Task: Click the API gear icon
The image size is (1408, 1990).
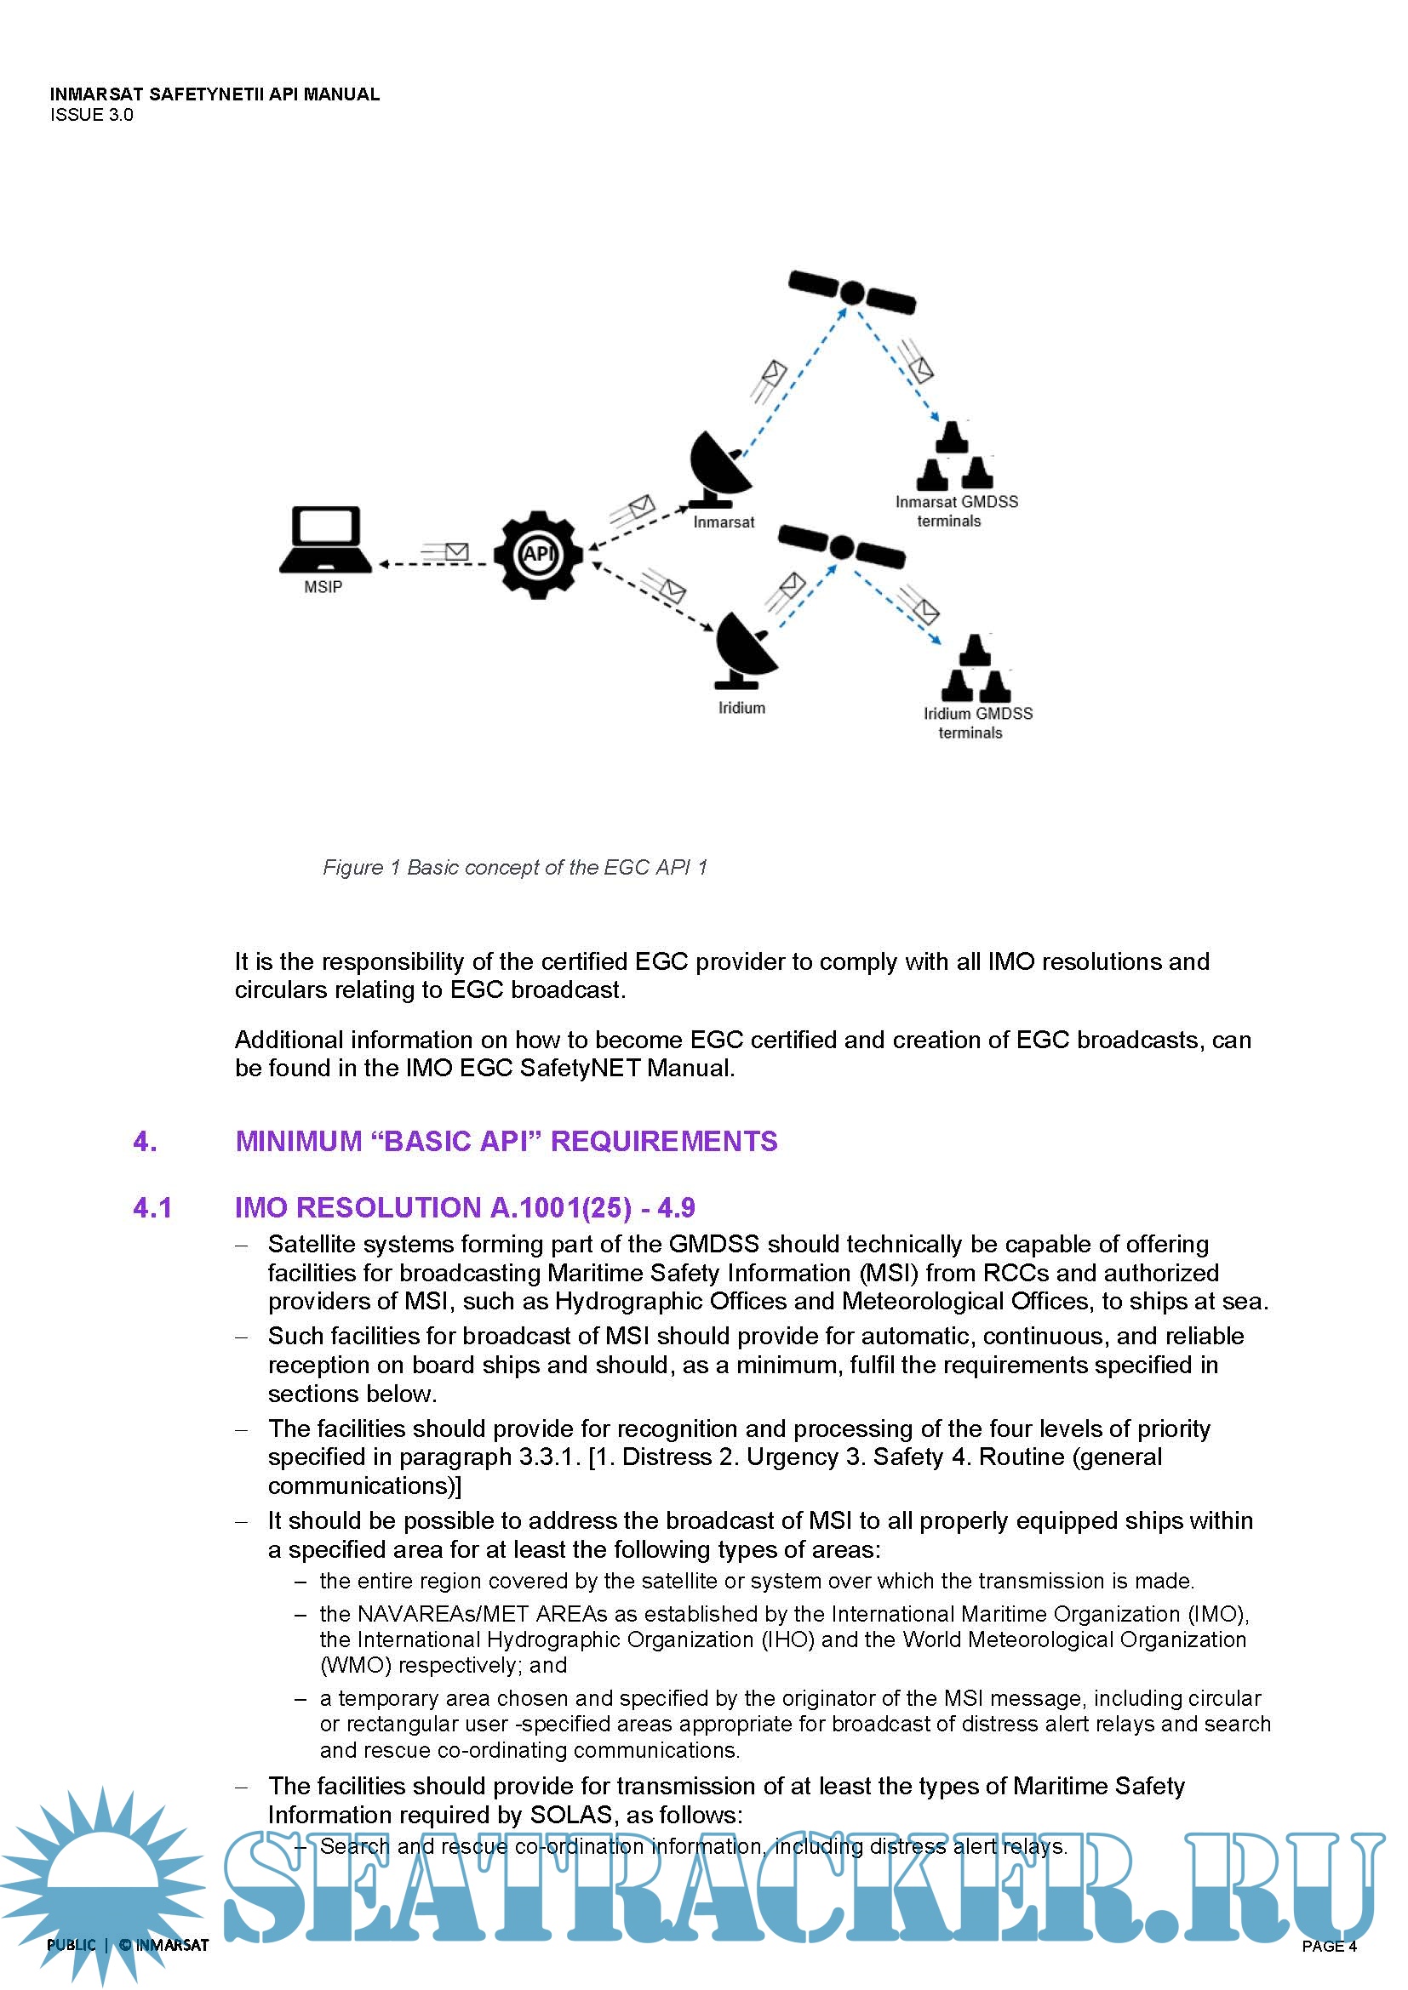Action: [x=537, y=555]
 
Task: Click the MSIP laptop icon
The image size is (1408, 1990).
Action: [x=325, y=539]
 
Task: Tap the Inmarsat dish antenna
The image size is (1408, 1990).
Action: [x=718, y=469]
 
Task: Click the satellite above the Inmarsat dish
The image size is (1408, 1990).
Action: [x=852, y=292]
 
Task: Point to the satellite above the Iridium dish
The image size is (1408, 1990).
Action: [x=841, y=547]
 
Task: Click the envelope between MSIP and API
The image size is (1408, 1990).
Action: [x=455, y=551]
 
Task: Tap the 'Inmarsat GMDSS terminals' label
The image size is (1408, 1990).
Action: [x=955, y=511]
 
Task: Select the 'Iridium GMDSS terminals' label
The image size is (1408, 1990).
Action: [x=977, y=723]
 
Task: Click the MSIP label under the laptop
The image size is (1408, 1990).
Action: [x=323, y=588]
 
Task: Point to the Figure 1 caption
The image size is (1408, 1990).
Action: [x=515, y=868]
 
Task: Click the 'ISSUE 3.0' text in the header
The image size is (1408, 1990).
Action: [x=92, y=115]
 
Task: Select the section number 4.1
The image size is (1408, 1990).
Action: [x=152, y=1208]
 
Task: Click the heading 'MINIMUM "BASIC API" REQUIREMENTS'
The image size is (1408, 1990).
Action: [x=507, y=1142]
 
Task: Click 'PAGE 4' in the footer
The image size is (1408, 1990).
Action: [x=1328, y=1946]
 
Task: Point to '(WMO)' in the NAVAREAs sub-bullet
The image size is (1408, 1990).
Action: [x=356, y=1666]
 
